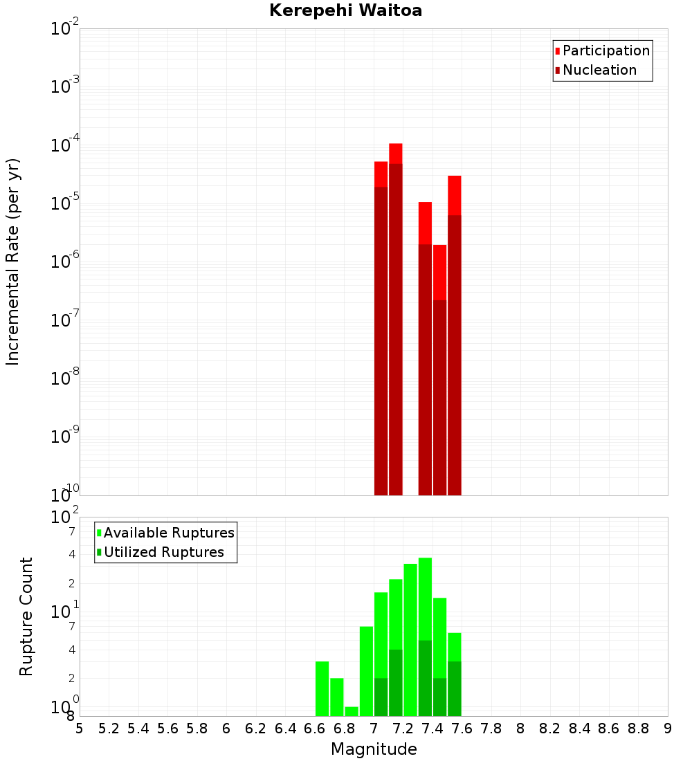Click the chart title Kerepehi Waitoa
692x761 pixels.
click(345, 10)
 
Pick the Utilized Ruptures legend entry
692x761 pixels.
click(163, 552)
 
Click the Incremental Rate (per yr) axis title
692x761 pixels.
click(12, 262)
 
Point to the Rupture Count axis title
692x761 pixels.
click(26, 616)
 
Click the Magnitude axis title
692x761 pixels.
click(374, 749)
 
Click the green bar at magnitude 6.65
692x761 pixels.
click(322, 688)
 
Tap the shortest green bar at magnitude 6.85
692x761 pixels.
click(352, 711)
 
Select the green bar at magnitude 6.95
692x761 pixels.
click(366, 671)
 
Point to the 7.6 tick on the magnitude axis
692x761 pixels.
click(462, 728)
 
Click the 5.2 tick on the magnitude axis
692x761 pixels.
click(109, 728)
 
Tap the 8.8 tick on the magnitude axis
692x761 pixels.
click(639, 728)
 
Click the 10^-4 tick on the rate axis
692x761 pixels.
click(65, 146)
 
